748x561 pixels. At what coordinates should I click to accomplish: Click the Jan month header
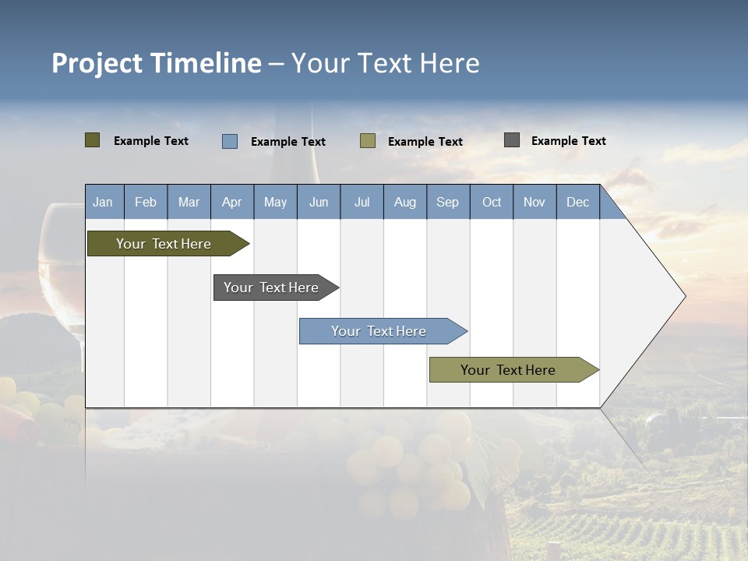104,202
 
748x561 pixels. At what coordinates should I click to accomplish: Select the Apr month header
232,202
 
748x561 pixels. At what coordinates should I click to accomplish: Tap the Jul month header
362,202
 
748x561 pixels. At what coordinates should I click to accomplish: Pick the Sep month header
448,202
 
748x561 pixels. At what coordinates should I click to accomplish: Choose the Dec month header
578,202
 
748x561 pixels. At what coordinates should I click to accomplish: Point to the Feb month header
146,202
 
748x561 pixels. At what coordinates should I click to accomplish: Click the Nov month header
535,202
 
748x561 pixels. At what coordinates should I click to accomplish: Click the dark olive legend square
93,140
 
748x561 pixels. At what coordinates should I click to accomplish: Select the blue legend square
230,141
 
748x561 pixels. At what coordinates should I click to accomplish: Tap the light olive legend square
368,141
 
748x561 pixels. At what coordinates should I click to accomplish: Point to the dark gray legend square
512,140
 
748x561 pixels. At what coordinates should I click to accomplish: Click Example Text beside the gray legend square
568,141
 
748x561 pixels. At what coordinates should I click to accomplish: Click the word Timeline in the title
205,63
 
